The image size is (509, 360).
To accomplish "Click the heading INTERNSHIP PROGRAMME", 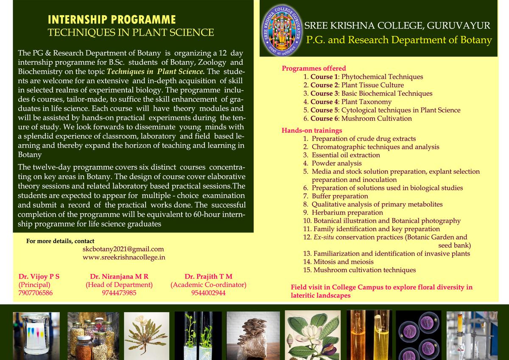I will pyautogui.click(x=112, y=20).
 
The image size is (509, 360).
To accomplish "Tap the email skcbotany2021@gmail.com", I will pyautogui.click(x=123, y=249).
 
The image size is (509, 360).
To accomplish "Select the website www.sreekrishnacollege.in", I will pyautogui.click(x=124, y=257).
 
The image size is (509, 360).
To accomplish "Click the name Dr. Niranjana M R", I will pyautogui.click(x=119, y=276).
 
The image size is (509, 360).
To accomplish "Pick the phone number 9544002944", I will pyautogui.click(x=208, y=293).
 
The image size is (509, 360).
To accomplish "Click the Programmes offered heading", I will pyautogui.click(x=314, y=68).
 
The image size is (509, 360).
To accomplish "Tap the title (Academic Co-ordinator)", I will pyautogui.click(x=208, y=285).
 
